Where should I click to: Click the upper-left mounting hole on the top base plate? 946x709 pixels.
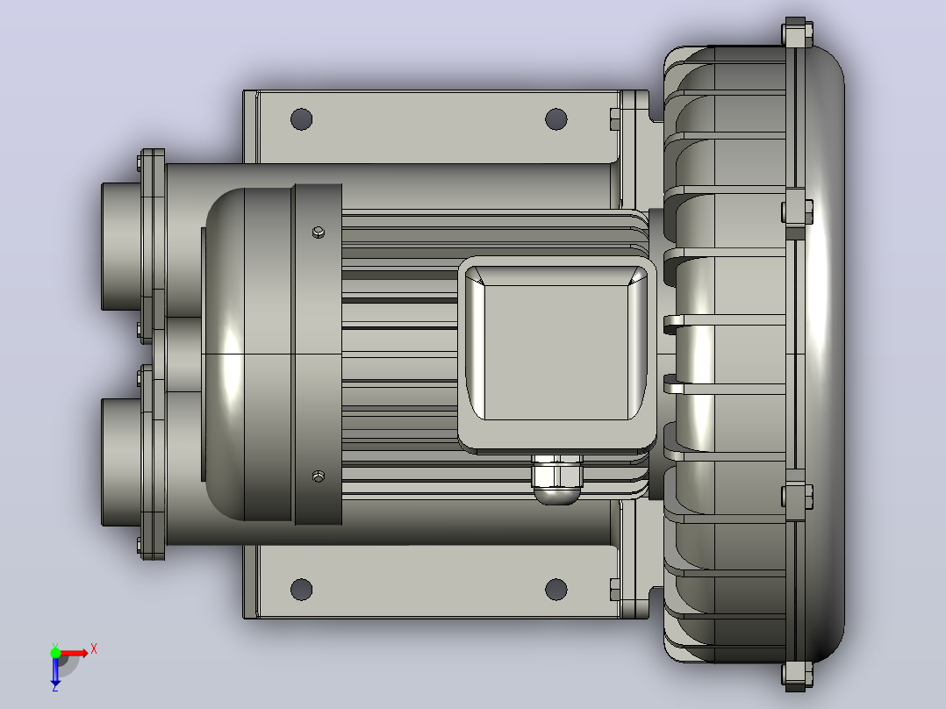click(302, 118)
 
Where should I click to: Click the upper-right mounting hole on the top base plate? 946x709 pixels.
click(555, 118)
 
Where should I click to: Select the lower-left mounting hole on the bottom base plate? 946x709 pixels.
click(302, 589)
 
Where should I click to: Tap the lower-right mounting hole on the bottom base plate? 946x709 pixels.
click(555, 589)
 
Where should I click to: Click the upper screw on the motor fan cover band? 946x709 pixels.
click(319, 233)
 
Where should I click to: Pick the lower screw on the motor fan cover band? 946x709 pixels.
click(319, 476)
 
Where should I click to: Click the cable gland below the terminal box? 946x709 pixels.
click(556, 479)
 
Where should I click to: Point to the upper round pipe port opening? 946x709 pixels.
click(122, 247)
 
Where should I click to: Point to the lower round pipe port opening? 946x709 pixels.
click(122, 462)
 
